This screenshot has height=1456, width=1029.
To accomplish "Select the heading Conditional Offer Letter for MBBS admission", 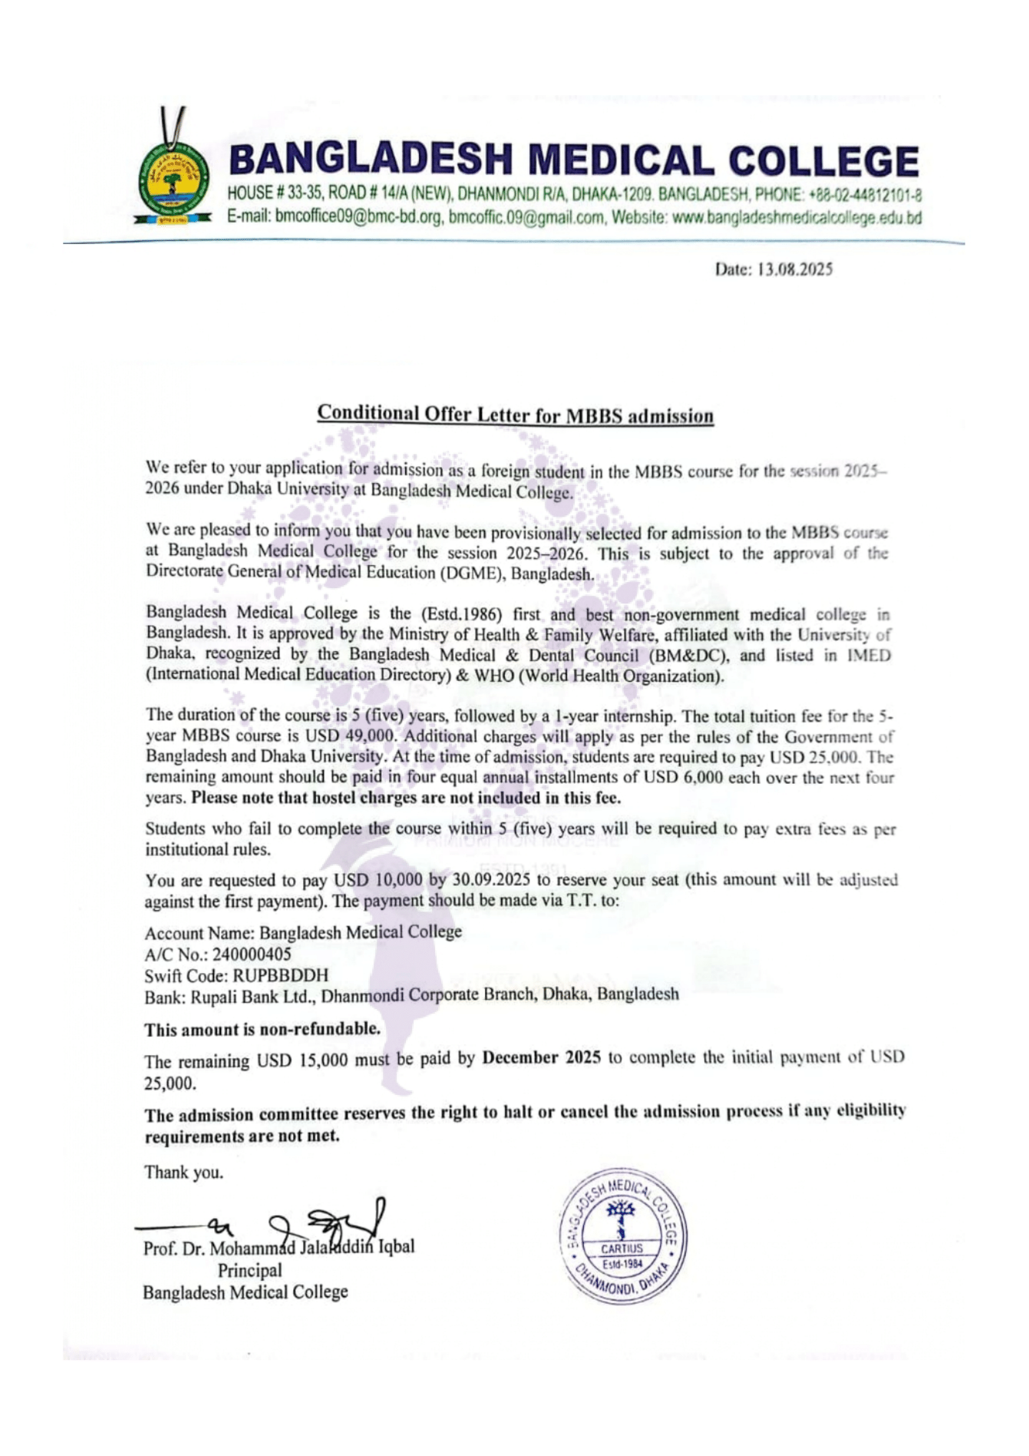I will pyautogui.click(x=515, y=415).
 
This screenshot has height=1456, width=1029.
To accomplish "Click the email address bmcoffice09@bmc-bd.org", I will pyautogui.click(x=359, y=218).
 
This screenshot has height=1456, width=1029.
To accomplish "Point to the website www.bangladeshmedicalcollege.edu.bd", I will pyautogui.click(x=796, y=218).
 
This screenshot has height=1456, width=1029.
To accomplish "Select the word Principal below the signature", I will pyautogui.click(x=250, y=1271).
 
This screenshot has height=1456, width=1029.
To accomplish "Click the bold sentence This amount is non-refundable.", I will pyautogui.click(x=262, y=1029).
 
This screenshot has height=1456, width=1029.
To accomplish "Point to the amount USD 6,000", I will pyautogui.click(x=684, y=777).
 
